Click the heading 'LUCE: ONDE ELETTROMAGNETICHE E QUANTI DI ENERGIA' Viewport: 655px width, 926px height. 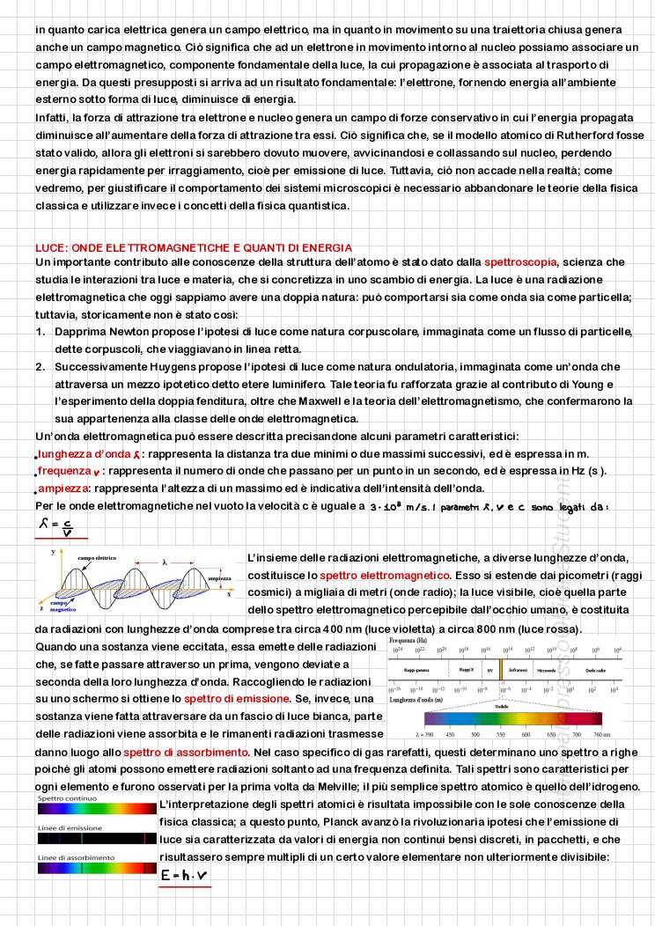point(194,248)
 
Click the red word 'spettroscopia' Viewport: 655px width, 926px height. point(520,261)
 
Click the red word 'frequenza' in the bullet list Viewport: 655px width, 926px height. point(67,471)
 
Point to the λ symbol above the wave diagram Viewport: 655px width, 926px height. point(164,561)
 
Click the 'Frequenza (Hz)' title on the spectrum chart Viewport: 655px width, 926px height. point(410,642)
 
